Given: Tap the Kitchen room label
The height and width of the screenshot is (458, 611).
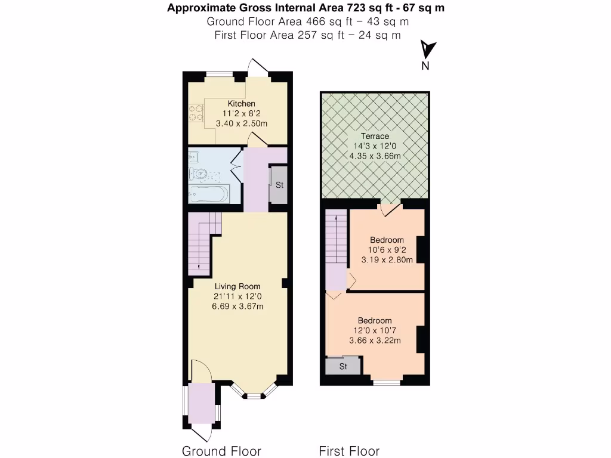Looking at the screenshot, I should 241,104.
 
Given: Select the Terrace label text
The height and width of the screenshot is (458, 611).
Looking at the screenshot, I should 374,136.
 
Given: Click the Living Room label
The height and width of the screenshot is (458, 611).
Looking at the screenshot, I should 237,286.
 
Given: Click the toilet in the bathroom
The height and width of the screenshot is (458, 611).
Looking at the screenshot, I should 199,174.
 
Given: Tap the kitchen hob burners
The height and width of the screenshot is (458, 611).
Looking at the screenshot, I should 195,113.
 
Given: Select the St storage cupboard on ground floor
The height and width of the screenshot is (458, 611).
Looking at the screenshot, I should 279,185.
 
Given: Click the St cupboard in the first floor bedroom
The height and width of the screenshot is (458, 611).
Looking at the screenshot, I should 343,366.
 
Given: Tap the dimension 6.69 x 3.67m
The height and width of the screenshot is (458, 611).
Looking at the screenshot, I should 237,307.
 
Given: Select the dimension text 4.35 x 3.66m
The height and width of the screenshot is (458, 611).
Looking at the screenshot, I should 374,156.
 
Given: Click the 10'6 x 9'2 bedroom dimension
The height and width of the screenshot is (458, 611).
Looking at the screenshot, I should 386,250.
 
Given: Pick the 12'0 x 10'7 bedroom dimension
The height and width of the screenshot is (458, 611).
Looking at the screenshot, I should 375,330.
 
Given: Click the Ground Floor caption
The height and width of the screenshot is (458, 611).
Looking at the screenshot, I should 221,451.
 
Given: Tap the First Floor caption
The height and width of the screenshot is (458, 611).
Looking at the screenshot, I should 349,451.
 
